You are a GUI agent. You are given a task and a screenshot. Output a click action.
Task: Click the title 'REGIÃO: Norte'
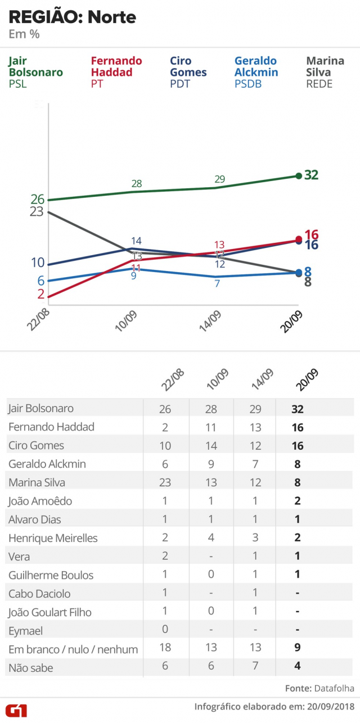click(x=73, y=17)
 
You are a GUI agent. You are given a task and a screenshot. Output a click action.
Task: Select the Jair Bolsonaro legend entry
click(x=35, y=72)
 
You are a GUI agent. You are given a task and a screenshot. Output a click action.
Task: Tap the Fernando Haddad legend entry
click(x=116, y=72)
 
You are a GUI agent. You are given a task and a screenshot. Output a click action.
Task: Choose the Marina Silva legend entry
click(x=325, y=72)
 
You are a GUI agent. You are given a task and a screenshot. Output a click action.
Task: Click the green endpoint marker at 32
click(x=298, y=175)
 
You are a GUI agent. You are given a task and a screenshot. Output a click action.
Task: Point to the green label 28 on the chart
click(x=137, y=183)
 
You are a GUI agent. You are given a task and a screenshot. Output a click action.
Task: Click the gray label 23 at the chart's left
click(x=37, y=211)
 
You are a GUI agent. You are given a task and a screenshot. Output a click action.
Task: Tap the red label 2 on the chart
click(x=40, y=294)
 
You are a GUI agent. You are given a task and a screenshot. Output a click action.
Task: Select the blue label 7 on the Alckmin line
click(x=217, y=284)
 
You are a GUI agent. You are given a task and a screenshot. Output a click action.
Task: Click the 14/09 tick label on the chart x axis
click(x=210, y=321)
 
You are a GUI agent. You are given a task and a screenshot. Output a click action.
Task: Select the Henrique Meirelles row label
click(x=53, y=538)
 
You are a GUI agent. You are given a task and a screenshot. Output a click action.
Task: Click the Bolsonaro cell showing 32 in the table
click(x=298, y=409)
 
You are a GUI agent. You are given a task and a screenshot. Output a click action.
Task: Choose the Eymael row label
click(x=25, y=631)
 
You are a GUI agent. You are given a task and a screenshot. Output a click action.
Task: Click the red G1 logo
click(x=16, y=710)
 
